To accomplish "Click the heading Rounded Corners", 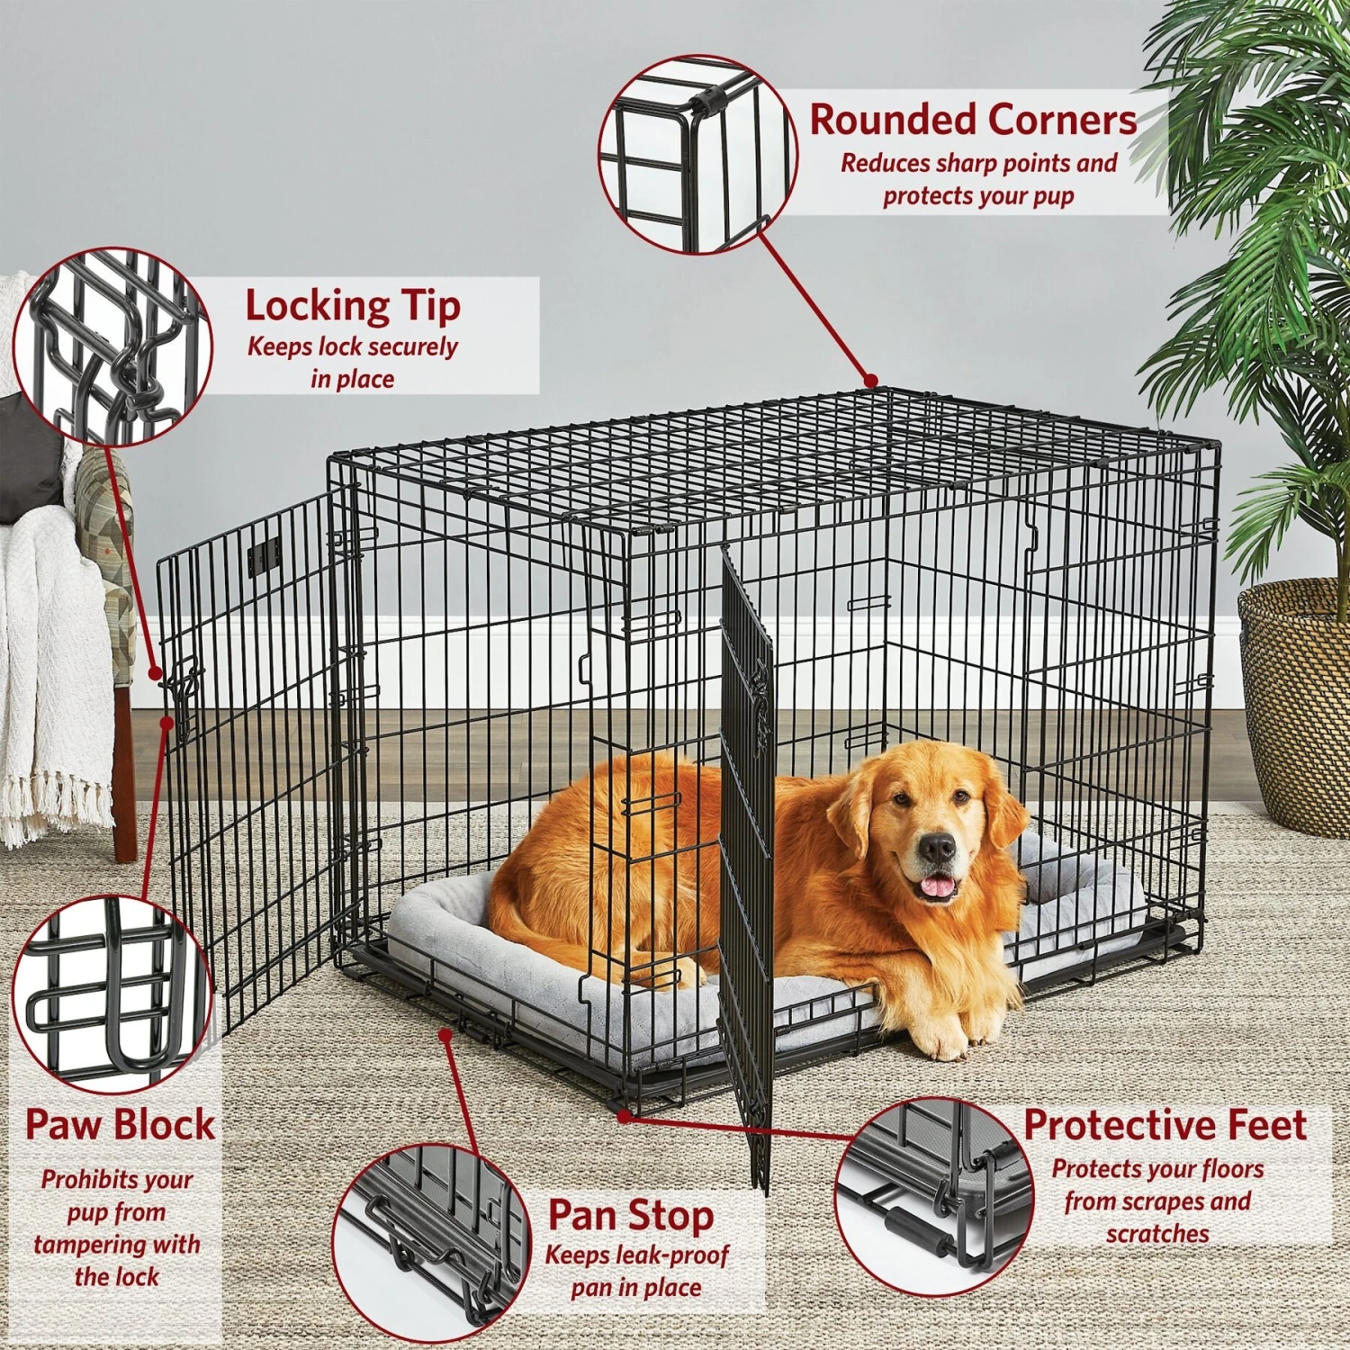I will tap(973, 120).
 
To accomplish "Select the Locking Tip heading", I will tap(353, 306).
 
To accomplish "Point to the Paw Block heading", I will tap(120, 1125).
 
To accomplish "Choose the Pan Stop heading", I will tap(631, 1215).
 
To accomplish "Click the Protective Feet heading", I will tap(1165, 1125).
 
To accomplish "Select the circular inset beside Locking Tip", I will tap(112, 346).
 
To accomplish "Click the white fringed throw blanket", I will tap(45, 675).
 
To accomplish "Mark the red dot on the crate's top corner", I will tap(870, 382).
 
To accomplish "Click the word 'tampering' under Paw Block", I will tap(117, 1245).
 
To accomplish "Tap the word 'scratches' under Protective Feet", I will tap(1157, 1233).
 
